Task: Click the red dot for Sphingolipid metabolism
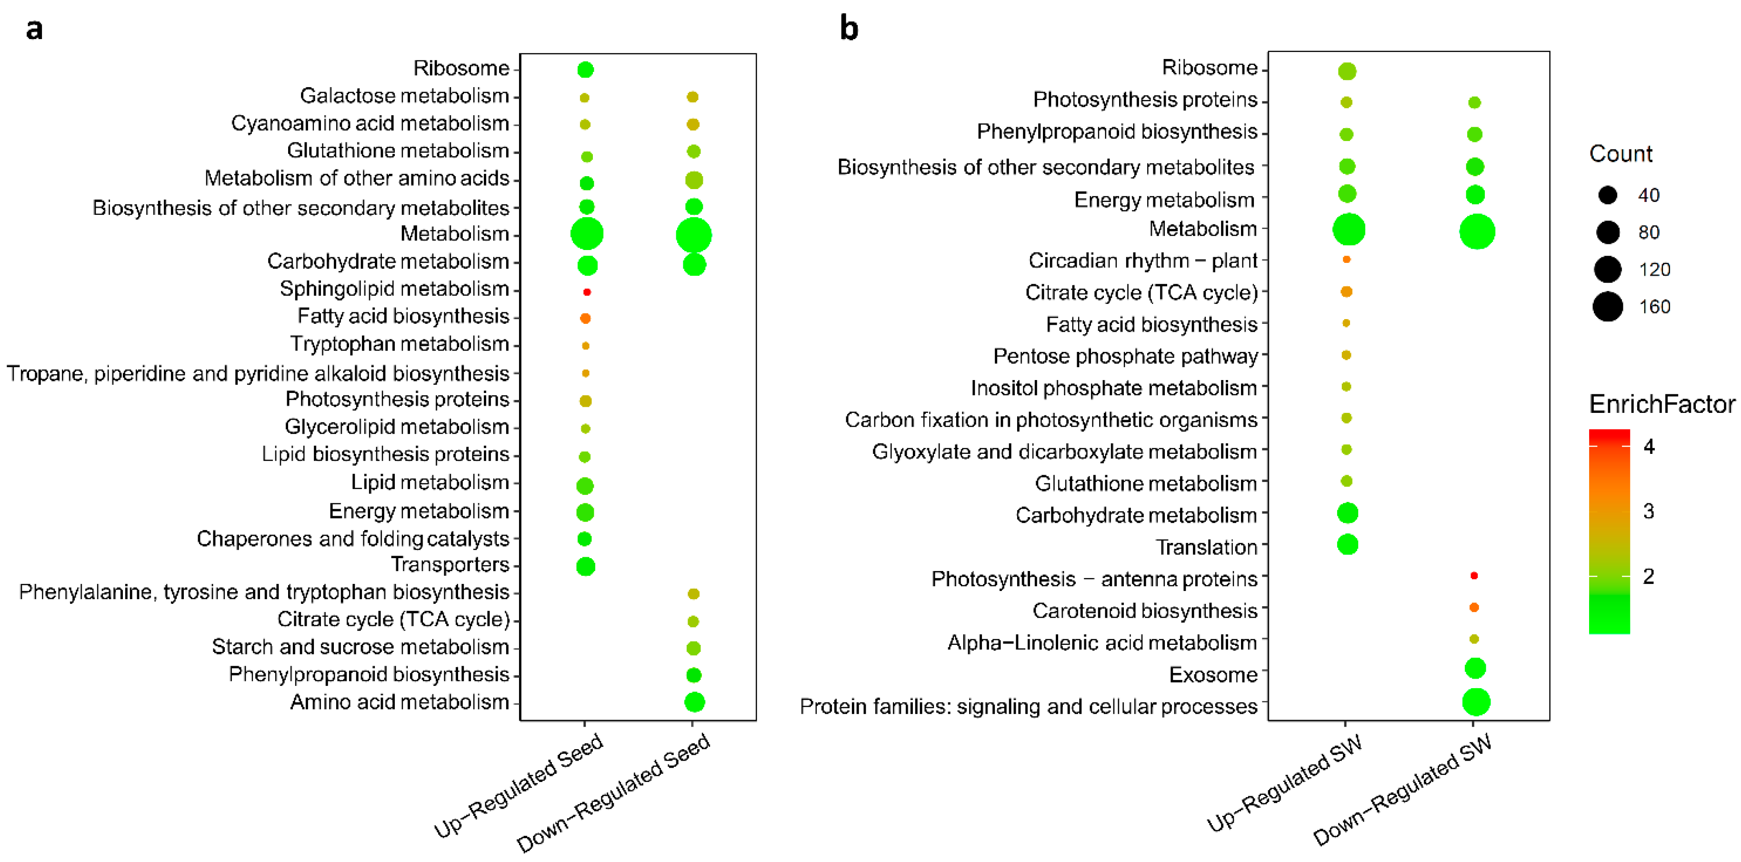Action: click(587, 292)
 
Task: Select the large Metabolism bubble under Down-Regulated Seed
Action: click(693, 235)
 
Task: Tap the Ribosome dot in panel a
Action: click(585, 70)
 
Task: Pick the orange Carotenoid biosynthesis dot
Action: click(1474, 608)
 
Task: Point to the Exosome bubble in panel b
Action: click(1475, 669)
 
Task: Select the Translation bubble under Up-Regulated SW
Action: click(1347, 544)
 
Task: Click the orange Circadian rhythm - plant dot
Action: click(1346, 260)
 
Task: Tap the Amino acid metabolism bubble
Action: click(694, 702)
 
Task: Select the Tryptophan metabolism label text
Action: click(400, 344)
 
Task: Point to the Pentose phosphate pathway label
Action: click(1125, 356)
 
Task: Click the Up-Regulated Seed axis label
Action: click(519, 786)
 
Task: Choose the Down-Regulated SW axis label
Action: click(1402, 791)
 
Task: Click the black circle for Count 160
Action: click(1607, 307)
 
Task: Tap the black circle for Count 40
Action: click(1607, 195)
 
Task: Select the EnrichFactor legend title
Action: click(1661, 404)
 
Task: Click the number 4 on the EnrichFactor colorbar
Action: click(1649, 447)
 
